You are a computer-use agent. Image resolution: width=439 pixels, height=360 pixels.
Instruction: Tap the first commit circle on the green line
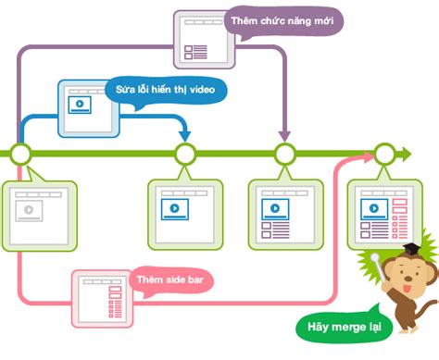tap(19, 153)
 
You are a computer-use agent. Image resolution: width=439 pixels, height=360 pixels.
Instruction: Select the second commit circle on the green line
tap(185, 153)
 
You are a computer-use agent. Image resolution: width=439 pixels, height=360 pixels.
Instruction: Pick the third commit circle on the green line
tap(285, 153)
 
